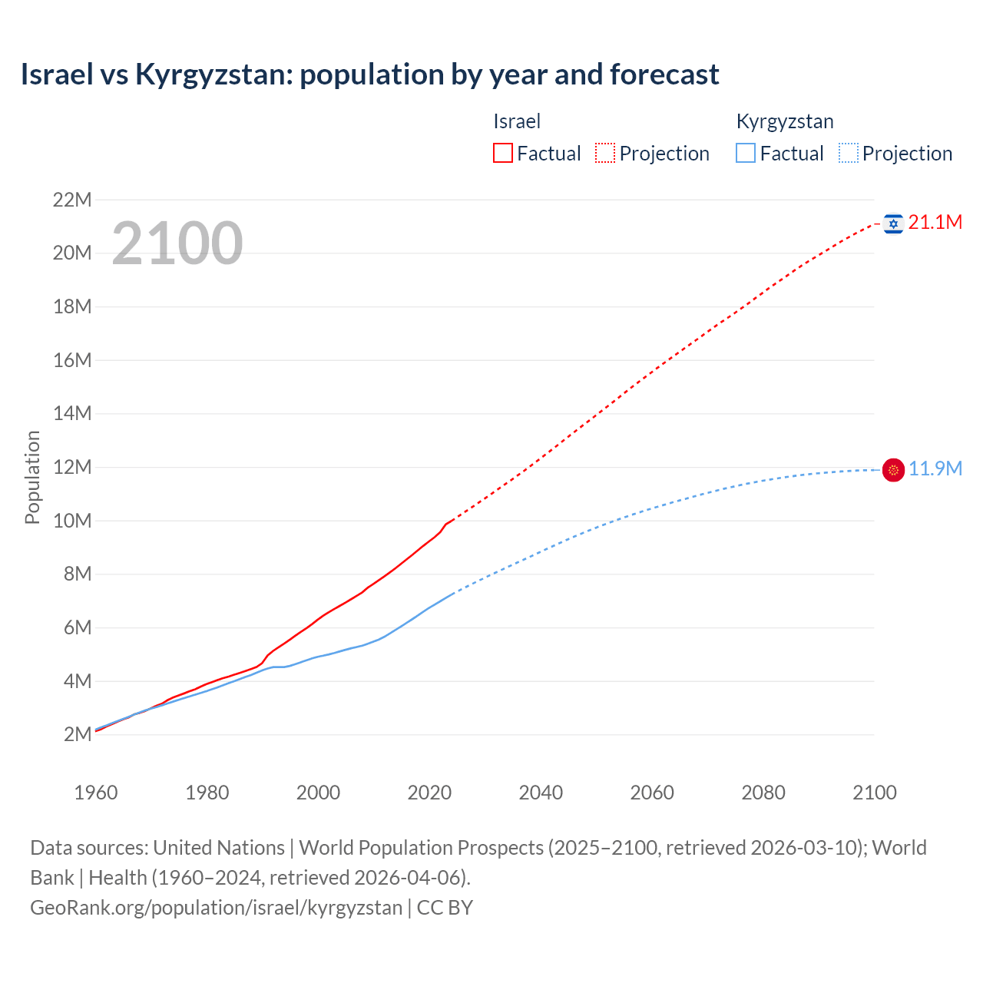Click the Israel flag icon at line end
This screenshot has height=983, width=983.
893,223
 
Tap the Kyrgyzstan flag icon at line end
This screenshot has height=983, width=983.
893,469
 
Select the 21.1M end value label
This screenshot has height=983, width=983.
935,223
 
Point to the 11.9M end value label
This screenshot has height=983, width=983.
935,468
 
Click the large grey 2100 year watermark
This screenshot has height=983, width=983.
177,243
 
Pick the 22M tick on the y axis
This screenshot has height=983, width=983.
72,200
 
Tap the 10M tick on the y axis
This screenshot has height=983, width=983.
72,521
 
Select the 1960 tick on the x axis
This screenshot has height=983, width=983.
96,793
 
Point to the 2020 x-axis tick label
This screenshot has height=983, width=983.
429,793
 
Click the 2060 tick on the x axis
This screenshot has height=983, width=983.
652,793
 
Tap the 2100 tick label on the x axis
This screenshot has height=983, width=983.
874,793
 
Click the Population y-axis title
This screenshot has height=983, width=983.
32,477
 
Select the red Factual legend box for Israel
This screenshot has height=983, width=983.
502,154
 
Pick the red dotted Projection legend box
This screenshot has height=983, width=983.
605,154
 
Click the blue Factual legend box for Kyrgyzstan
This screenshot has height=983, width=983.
746,154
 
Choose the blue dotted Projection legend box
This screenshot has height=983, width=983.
848,154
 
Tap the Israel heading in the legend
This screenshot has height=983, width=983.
517,121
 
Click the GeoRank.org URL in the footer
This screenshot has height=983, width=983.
216,908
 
